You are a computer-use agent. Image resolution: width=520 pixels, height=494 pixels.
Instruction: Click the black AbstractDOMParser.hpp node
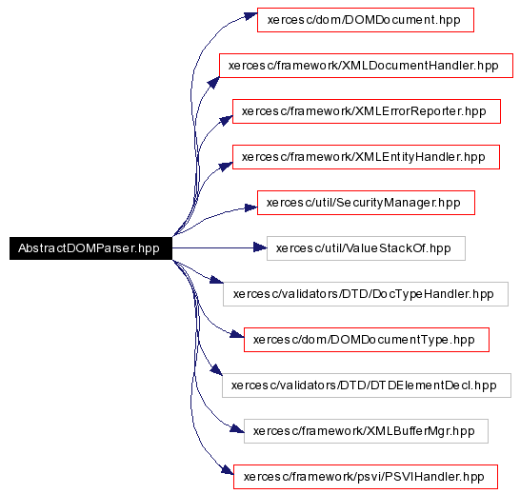[90, 248]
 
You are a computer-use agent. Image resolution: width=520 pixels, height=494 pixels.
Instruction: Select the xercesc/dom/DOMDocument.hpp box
[366, 20]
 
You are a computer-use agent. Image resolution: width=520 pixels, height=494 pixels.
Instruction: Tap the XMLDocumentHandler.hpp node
[366, 66]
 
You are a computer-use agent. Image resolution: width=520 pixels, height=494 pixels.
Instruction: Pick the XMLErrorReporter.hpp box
[367, 111]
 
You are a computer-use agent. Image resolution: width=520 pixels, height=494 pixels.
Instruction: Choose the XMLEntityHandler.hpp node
[366, 157]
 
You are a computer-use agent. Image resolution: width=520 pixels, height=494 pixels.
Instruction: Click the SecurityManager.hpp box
[366, 203]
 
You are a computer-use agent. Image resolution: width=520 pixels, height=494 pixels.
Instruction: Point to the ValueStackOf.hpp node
[366, 248]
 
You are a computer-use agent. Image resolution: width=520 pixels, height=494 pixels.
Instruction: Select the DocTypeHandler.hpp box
[366, 294]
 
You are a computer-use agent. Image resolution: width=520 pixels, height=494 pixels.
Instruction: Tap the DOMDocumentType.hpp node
[367, 340]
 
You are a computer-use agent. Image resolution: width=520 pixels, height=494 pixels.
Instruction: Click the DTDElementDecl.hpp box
[367, 385]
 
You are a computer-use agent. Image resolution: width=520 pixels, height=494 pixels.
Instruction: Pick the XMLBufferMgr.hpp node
[366, 431]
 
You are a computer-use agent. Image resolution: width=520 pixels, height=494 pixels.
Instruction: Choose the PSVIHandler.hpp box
[366, 477]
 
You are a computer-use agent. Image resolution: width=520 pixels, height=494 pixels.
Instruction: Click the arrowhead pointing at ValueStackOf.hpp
[260, 247]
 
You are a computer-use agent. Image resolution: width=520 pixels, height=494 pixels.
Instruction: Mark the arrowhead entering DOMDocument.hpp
[251, 15]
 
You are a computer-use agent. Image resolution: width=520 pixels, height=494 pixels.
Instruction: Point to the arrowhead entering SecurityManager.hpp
[251, 207]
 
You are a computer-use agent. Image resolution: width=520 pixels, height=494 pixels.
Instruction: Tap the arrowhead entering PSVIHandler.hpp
[228, 469]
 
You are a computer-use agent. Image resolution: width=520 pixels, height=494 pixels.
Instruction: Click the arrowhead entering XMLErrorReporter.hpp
[227, 120]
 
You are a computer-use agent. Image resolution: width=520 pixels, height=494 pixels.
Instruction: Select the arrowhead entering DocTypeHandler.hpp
[217, 280]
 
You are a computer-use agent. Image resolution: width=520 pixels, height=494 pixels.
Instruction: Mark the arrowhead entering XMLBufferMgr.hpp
[237, 429]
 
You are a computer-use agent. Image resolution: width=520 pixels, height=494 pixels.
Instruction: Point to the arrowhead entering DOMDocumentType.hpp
[237, 334]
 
